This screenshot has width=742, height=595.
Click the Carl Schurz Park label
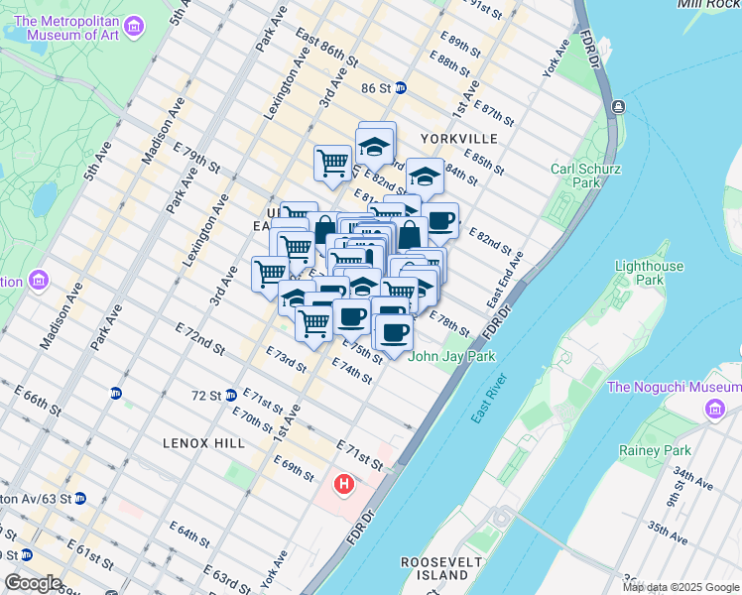(575, 176)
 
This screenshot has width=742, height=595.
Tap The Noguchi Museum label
(674, 387)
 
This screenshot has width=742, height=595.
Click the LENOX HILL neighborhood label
(206, 442)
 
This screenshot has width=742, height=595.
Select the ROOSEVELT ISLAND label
(441, 568)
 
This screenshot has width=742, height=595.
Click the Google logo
(33, 583)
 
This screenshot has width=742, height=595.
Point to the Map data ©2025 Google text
(680, 587)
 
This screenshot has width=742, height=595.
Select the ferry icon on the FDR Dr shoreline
(618, 106)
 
